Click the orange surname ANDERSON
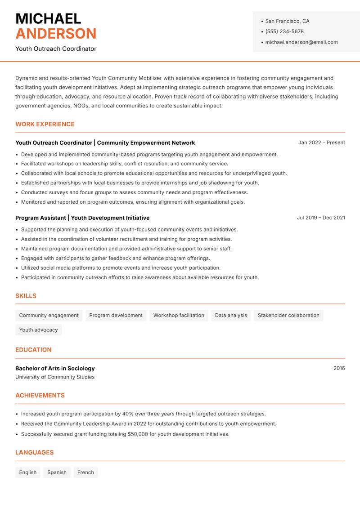(56, 34)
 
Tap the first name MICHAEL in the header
(48, 18)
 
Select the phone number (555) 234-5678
(284, 31)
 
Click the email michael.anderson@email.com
(301, 42)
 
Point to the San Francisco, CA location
(287, 21)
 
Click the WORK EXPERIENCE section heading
(45, 124)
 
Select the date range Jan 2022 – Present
(321, 143)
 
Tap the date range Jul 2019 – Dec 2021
(321, 218)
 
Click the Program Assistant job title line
(82, 218)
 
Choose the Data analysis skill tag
(231, 315)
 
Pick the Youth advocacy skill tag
(38, 330)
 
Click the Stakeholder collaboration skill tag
(288, 315)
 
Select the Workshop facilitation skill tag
(179, 315)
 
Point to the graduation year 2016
(339, 368)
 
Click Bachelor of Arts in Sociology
(55, 368)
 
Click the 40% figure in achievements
(128, 414)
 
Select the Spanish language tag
(57, 472)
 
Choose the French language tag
(85, 472)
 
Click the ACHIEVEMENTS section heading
(40, 395)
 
